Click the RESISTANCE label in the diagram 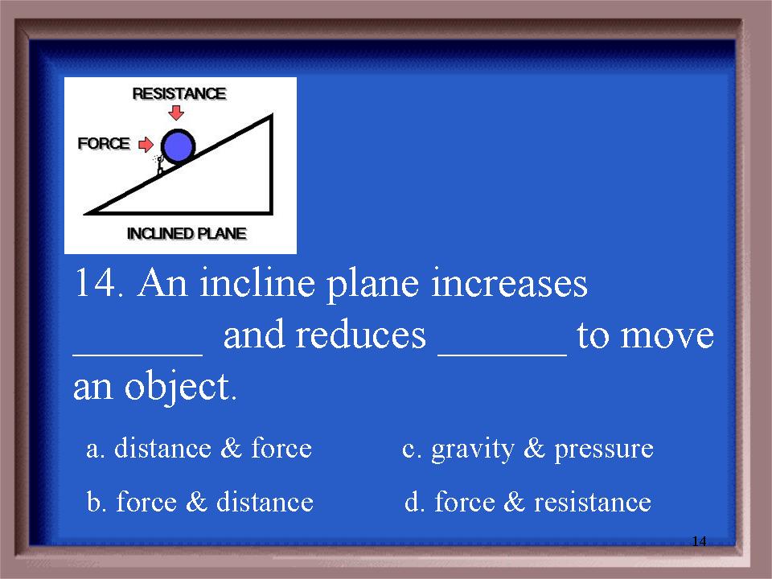[x=179, y=93]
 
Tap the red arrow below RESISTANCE [x=176, y=113]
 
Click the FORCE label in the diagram [x=104, y=143]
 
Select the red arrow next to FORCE [x=146, y=145]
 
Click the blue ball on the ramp [x=179, y=146]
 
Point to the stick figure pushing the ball [x=159, y=165]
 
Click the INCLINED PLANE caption [x=187, y=233]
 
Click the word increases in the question [x=509, y=284]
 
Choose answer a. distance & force [x=199, y=448]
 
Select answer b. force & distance [x=200, y=502]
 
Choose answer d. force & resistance [x=528, y=502]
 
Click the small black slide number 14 [x=699, y=541]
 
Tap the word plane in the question [x=372, y=285]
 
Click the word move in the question [x=667, y=337]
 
